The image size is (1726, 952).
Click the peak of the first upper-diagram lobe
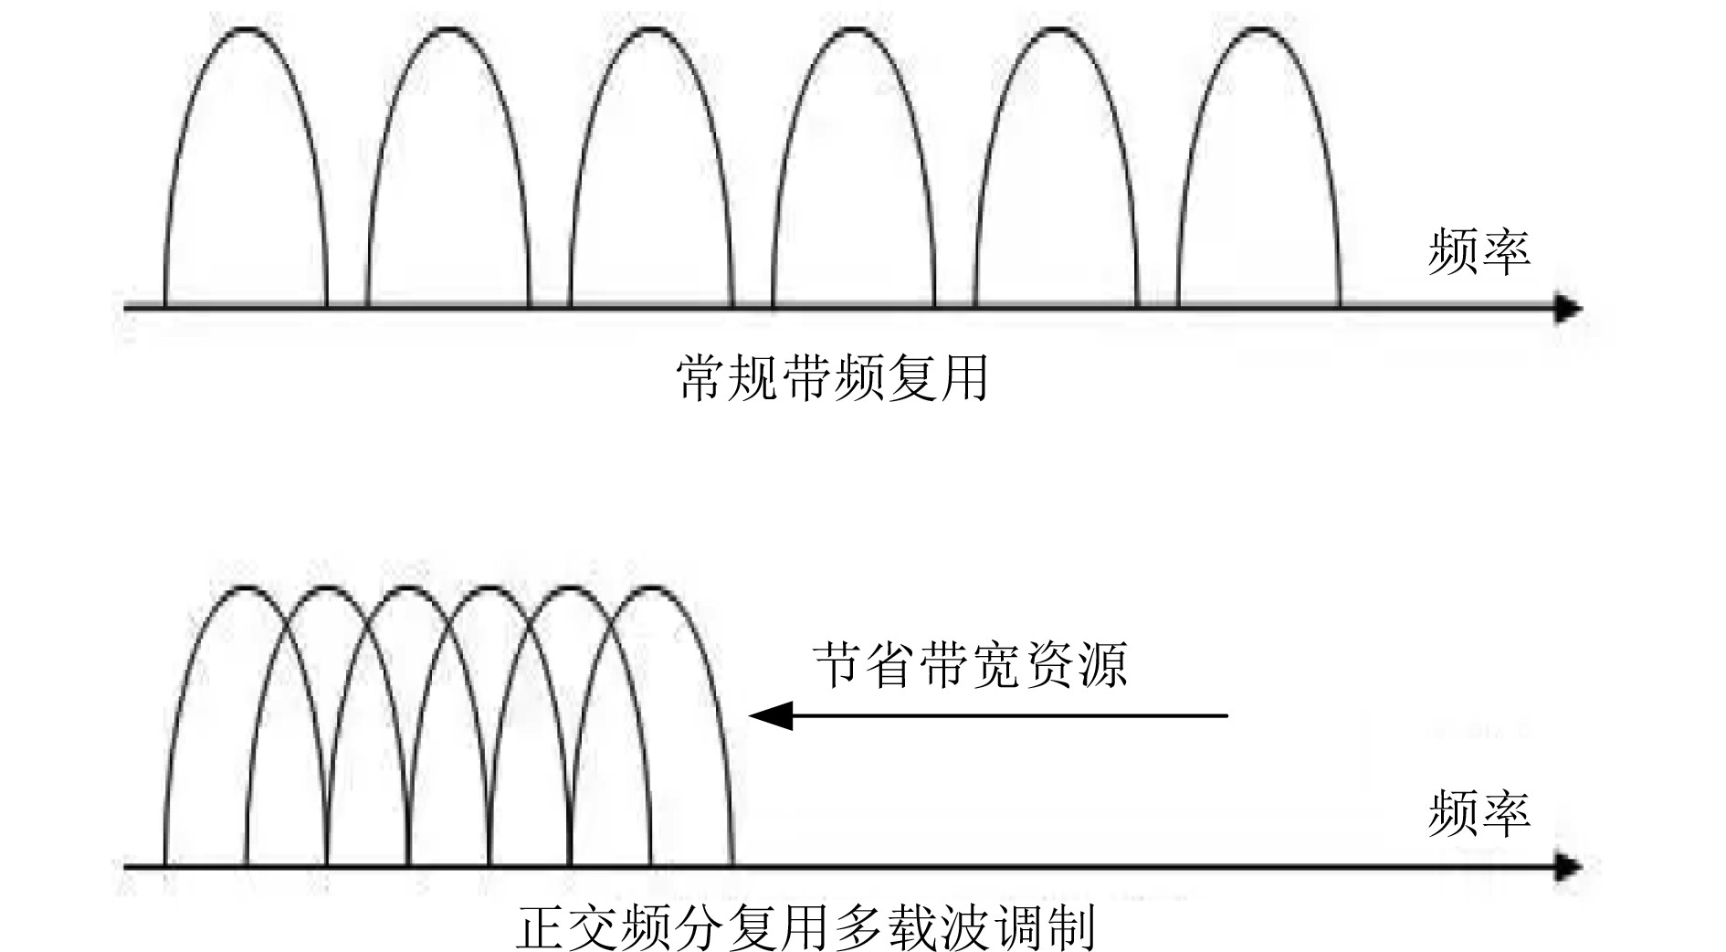pyautogui.click(x=246, y=31)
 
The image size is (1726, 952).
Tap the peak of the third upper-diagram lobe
pyautogui.click(x=651, y=31)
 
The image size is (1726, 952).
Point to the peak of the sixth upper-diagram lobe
pyautogui.click(x=1259, y=31)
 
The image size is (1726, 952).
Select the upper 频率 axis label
pyautogui.click(x=1479, y=251)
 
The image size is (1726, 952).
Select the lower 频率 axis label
pyautogui.click(x=1479, y=813)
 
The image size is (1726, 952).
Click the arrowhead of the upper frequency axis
pyautogui.click(x=1569, y=309)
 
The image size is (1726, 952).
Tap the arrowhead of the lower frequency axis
pyautogui.click(x=1569, y=866)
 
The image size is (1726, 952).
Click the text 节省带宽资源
pyautogui.click(x=971, y=663)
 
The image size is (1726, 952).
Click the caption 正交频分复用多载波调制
pyautogui.click(x=806, y=927)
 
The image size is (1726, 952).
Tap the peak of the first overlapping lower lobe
pyautogui.click(x=246, y=588)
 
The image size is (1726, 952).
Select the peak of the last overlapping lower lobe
pyautogui.click(x=651, y=588)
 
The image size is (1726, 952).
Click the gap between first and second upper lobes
pyautogui.click(x=347, y=297)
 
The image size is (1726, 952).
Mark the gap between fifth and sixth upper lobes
pyautogui.click(x=1158, y=297)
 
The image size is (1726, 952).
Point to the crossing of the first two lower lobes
pyautogui.click(x=286, y=630)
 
